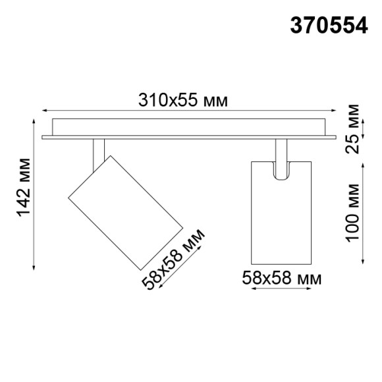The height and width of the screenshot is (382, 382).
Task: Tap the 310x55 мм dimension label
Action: click(183, 101)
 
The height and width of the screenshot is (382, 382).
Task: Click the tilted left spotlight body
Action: click(125, 212)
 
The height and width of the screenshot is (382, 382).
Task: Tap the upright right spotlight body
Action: click(279, 211)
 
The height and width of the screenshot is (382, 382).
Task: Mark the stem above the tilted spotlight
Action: click(98, 152)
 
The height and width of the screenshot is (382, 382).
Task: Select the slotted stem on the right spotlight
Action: click(280, 162)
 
